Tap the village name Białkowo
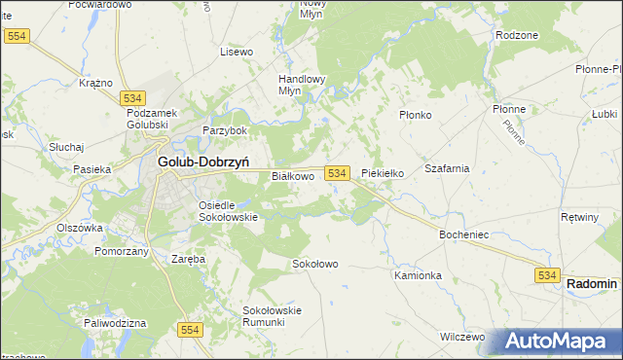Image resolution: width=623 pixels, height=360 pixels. coord(292,176)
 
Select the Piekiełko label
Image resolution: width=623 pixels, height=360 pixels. coord(382,173)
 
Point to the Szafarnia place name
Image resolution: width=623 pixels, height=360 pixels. coord(447,168)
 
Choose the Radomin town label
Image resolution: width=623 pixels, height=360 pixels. coord(591,283)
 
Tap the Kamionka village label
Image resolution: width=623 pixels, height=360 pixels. coord(419,275)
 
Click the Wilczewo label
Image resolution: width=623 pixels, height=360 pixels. coord(462,337)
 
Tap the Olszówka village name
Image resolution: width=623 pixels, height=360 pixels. coord(80,228)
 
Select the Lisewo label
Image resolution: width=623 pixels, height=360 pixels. coord(237,51)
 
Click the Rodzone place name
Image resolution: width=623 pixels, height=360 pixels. coord(516,34)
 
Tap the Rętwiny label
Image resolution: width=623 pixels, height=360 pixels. coord(580,217)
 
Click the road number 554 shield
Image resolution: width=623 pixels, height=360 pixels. coord(191,331)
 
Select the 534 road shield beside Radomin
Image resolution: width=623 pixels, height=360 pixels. coord(546,277)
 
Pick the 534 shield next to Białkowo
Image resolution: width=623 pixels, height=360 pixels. coord(337,172)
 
